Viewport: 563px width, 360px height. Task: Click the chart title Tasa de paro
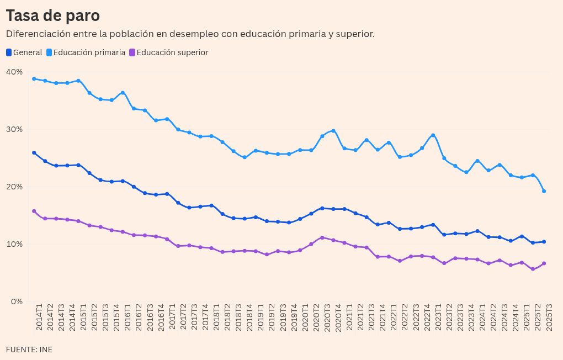click(53, 15)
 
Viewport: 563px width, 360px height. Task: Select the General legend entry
click(24, 52)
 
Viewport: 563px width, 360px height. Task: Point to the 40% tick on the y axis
click(14, 72)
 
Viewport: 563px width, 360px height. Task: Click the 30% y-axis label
click(14, 129)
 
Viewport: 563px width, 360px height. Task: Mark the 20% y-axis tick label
click(14, 187)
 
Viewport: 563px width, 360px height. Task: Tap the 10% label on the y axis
click(14, 244)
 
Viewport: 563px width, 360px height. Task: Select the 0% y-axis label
click(16, 301)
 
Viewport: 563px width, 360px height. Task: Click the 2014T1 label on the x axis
click(39, 317)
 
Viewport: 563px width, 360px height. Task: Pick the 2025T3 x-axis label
click(549, 317)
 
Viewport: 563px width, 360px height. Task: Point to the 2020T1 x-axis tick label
click(305, 317)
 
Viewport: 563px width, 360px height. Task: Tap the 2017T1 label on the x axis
click(172, 317)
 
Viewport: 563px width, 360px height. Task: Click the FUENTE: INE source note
click(29, 350)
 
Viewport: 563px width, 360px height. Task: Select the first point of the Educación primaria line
click(34, 79)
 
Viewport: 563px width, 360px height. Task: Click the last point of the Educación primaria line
click(544, 191)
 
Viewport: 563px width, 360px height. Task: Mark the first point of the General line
click(34, 152)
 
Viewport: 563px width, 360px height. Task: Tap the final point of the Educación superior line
click(544, 263)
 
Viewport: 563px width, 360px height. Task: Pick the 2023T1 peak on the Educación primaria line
click(433, 135)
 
